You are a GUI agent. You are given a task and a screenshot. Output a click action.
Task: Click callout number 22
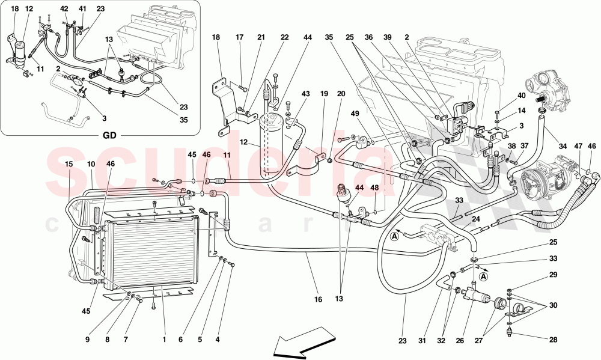click(x=284, y=37)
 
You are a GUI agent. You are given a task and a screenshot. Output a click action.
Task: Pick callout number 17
click(x=239, y=37)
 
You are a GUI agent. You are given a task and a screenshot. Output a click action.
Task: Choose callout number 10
click(x=91, y=164)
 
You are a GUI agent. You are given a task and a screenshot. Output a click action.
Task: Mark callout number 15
click(x=69, y=164)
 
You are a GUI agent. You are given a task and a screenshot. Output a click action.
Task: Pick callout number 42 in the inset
click(x=64, y=8)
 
